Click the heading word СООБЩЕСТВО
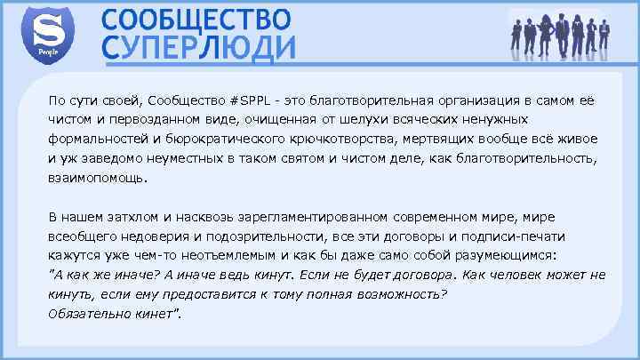coord(195,18)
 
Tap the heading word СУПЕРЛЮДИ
coord(197,47)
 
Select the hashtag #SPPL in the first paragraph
coord(259,99)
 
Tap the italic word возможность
coord(395,295)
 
